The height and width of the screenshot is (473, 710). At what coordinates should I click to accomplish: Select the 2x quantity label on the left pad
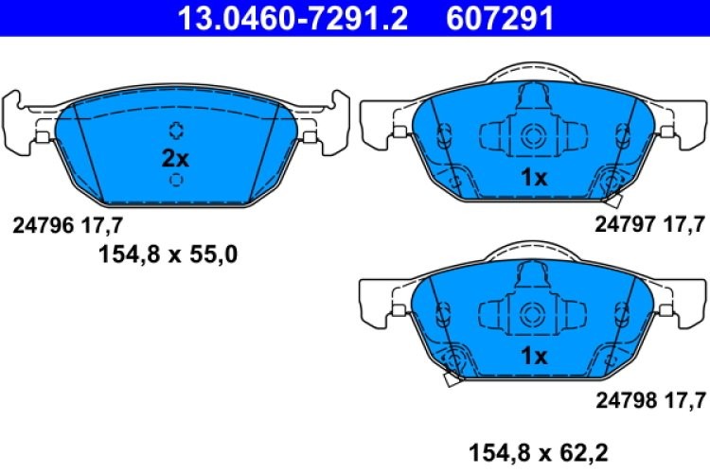coord(176,157)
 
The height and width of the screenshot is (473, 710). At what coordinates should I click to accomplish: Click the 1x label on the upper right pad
coord(534,176)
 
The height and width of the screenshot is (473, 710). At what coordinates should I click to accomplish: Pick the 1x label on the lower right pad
coord(534,356)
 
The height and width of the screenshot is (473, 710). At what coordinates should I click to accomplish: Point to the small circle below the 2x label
coord(176,180)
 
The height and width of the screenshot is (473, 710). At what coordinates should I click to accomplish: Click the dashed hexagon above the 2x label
coord(176,131)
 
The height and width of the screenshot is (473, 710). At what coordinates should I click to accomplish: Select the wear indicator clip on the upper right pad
coord(612,197)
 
